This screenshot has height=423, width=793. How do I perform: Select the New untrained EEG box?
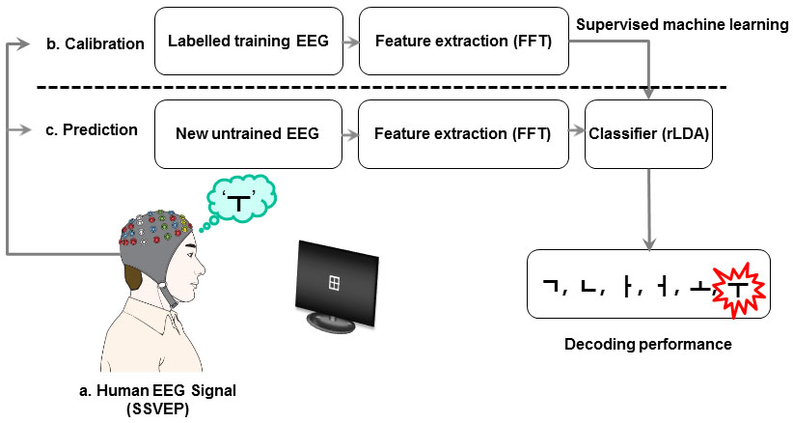[x=249, y=131]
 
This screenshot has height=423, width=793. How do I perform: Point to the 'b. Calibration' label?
[x=95, y=44]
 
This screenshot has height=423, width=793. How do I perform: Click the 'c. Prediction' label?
[x=92, y=129]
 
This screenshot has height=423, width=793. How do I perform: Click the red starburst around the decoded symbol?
[x=737, y=287]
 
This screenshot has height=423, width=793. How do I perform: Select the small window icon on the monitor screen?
[x=333, y=282]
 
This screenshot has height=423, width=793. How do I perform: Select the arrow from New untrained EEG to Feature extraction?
[x=351, y=132]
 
